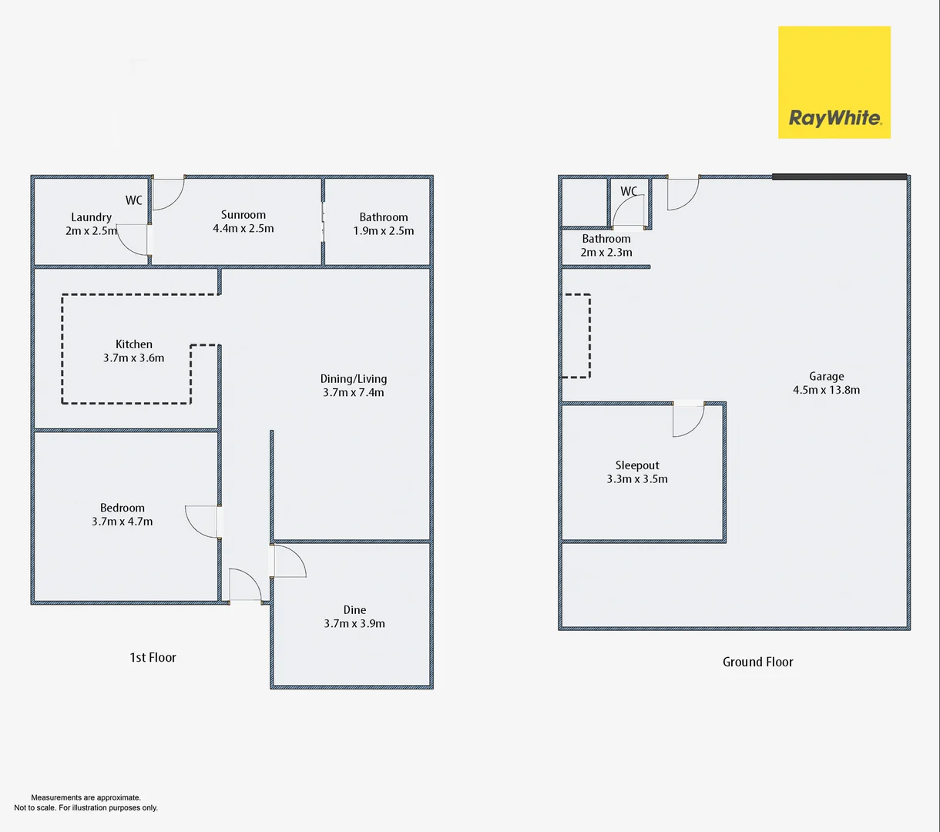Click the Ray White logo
click(834, 82)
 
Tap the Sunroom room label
click(243, 215)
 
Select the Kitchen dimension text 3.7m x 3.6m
click(133, 357)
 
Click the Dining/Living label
click(354, 378)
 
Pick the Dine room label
click(354, 609)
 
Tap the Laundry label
click(91, 217)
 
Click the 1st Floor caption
click(153, 657)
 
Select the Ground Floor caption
click(757, 662)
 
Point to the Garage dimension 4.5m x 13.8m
click(826, 390)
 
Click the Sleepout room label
click(637, 465)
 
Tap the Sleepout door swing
click(687, 421)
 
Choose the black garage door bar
click(839, 177)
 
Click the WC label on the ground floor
click(629, 191)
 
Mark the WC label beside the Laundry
click(134, 200)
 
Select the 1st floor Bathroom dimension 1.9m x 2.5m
click(384, 230)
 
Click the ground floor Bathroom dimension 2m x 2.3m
click(606, 252)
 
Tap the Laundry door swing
click(133, 240)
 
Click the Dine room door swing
click(289, 561)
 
